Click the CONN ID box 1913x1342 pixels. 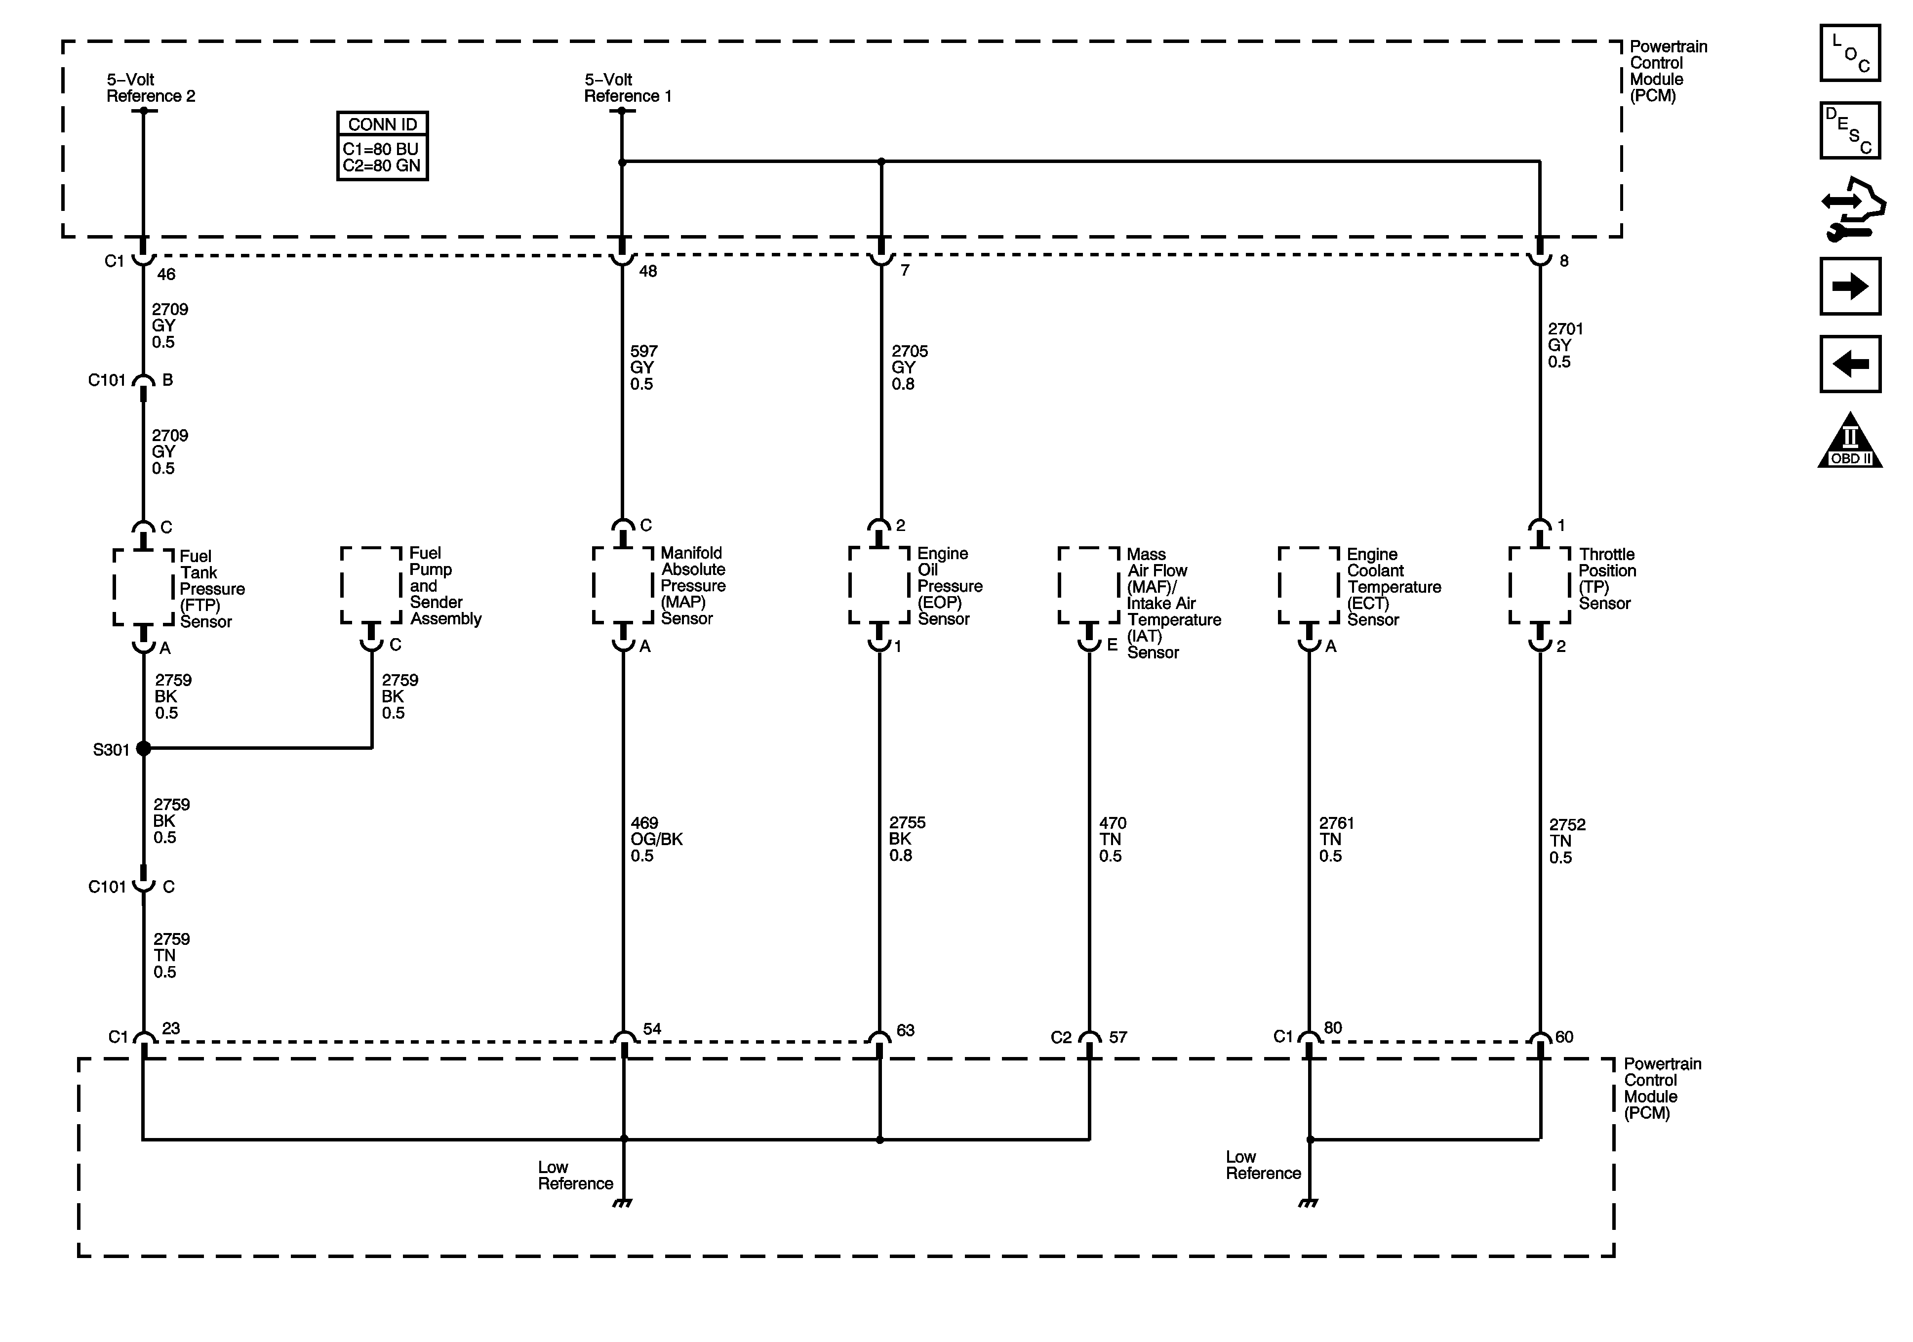[382, 146]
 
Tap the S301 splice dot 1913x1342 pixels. [143, 748]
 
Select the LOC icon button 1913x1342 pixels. [1850, 53]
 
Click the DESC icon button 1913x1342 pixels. [1850, 130]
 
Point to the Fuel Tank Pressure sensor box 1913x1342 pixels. [143, 587]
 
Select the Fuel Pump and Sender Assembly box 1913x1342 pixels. [372, 585]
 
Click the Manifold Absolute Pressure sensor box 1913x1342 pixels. [622, 585]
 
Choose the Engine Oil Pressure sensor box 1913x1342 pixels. [879, 585]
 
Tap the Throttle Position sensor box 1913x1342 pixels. [1539, 585]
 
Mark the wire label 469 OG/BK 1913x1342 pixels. [656, 839]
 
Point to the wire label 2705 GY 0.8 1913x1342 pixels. [909, 367]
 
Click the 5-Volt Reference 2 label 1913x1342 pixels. [150, 87]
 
